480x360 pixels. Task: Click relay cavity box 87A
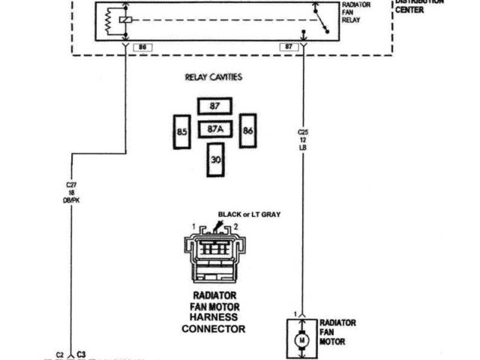(x=215, y=130)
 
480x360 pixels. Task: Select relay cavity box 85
(x=181, y=132)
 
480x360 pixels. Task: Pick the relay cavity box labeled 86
(x=247, y=130)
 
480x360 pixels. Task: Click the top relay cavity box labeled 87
(x=214, y=106)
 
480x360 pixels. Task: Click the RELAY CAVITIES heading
(x=214, y=77)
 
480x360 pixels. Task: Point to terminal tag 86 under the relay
(x=142, y=47)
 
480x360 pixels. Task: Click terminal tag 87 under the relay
(x=286, y=47)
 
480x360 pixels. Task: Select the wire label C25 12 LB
(x=304, y=139)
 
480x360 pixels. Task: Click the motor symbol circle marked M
(x=303, y=338)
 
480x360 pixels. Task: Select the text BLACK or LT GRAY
(x=249, y=214)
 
